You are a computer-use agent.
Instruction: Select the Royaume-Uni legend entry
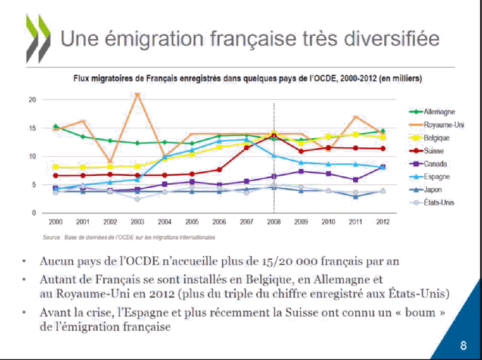(443, 125)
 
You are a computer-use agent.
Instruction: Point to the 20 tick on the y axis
(32, 100)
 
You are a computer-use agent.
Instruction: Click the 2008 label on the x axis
(273, 222)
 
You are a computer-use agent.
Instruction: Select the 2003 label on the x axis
(138, 222)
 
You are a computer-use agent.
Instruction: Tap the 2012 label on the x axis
(383, 222)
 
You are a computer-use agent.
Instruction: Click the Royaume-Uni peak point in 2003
(138, 94)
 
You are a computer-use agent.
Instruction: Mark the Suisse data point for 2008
(273, 136)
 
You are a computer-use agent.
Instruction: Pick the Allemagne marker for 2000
(55, 126)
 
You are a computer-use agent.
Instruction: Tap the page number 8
(463, 345)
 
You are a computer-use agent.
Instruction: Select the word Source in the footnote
(51, 237)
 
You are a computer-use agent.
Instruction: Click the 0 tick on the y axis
(34, 213)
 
